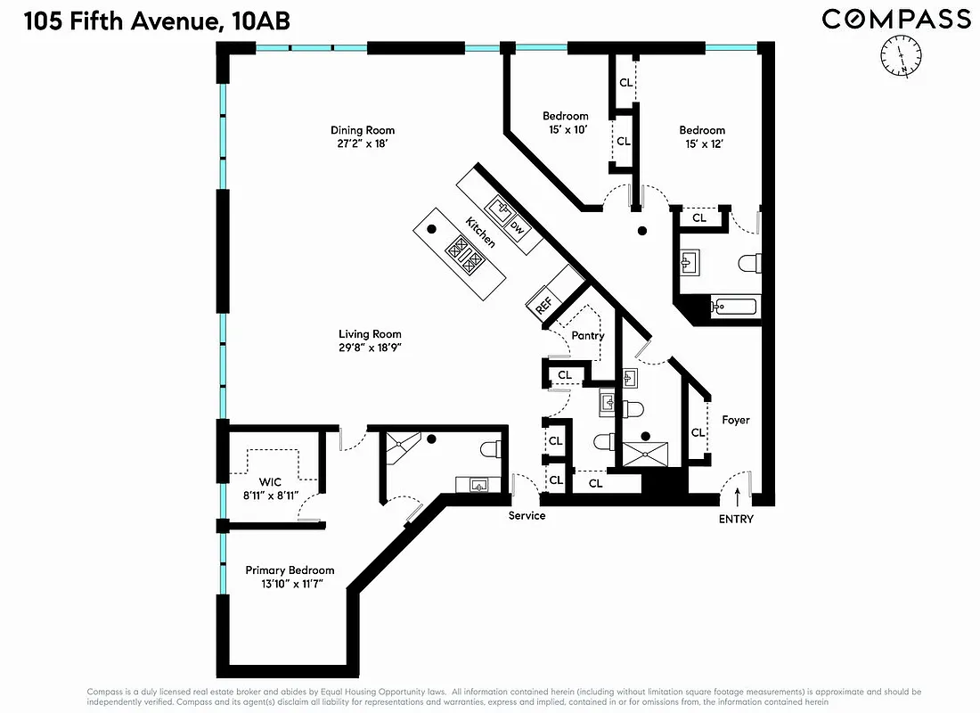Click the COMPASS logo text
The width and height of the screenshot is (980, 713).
point(895,19)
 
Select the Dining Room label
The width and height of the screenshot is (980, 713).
point(362,130)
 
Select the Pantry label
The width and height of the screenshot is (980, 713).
point(587,336)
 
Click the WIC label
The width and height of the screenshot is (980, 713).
point(270,482)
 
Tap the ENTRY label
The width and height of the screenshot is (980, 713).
point(736,519)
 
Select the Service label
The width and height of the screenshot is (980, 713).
point(527,515)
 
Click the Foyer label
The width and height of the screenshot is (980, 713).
point(735,420)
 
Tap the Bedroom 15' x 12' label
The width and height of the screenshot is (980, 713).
point(702,130)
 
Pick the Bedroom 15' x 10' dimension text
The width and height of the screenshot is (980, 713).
point(566,130)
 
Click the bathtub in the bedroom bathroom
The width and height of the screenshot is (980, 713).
point(734,307)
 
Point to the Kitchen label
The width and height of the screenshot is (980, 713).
point(480,231)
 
